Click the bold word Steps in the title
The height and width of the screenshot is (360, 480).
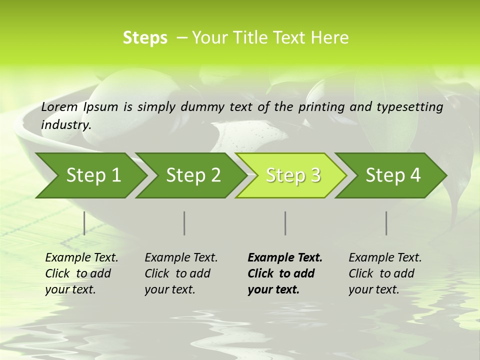coord(145,38)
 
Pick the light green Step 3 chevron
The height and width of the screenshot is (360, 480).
coord(293,175)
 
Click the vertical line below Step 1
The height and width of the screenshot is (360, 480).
coord(84,223)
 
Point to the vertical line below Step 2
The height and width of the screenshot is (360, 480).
coord(184,223)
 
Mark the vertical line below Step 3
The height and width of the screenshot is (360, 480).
coord(285,223)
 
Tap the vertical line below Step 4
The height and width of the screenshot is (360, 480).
coord(386,223)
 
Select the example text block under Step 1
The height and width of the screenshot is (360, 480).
coord(81,273)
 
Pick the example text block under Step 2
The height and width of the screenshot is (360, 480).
coord(181,273)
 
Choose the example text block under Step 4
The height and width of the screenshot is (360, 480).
coord(385,273)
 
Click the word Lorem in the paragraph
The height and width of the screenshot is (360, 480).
coord(59,107)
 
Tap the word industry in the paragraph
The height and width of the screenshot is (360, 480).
coord(66,125)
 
